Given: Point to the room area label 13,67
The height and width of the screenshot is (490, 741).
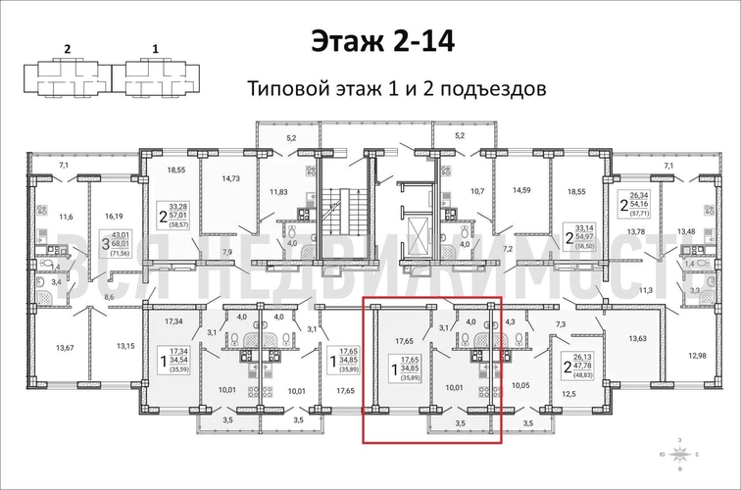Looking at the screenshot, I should point(67,347).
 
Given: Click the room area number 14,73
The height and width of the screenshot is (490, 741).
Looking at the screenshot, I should point(231,178).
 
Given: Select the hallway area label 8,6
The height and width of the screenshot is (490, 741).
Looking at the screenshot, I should point(109,296).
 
